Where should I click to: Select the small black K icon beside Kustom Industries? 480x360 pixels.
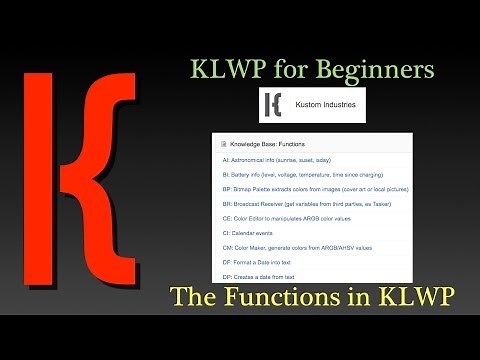(x=274, y=105)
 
